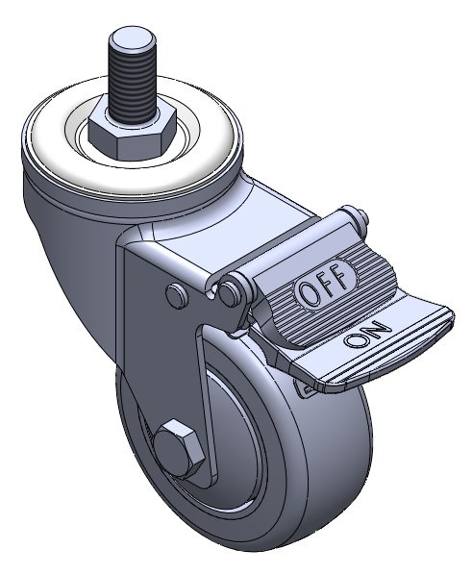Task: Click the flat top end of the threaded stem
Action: click(x=132, y=37)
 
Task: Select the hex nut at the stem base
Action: click(x=132, y=132)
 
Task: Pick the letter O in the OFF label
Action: click(x=309, y=293)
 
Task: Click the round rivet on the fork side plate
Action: click(x=177, y=293)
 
